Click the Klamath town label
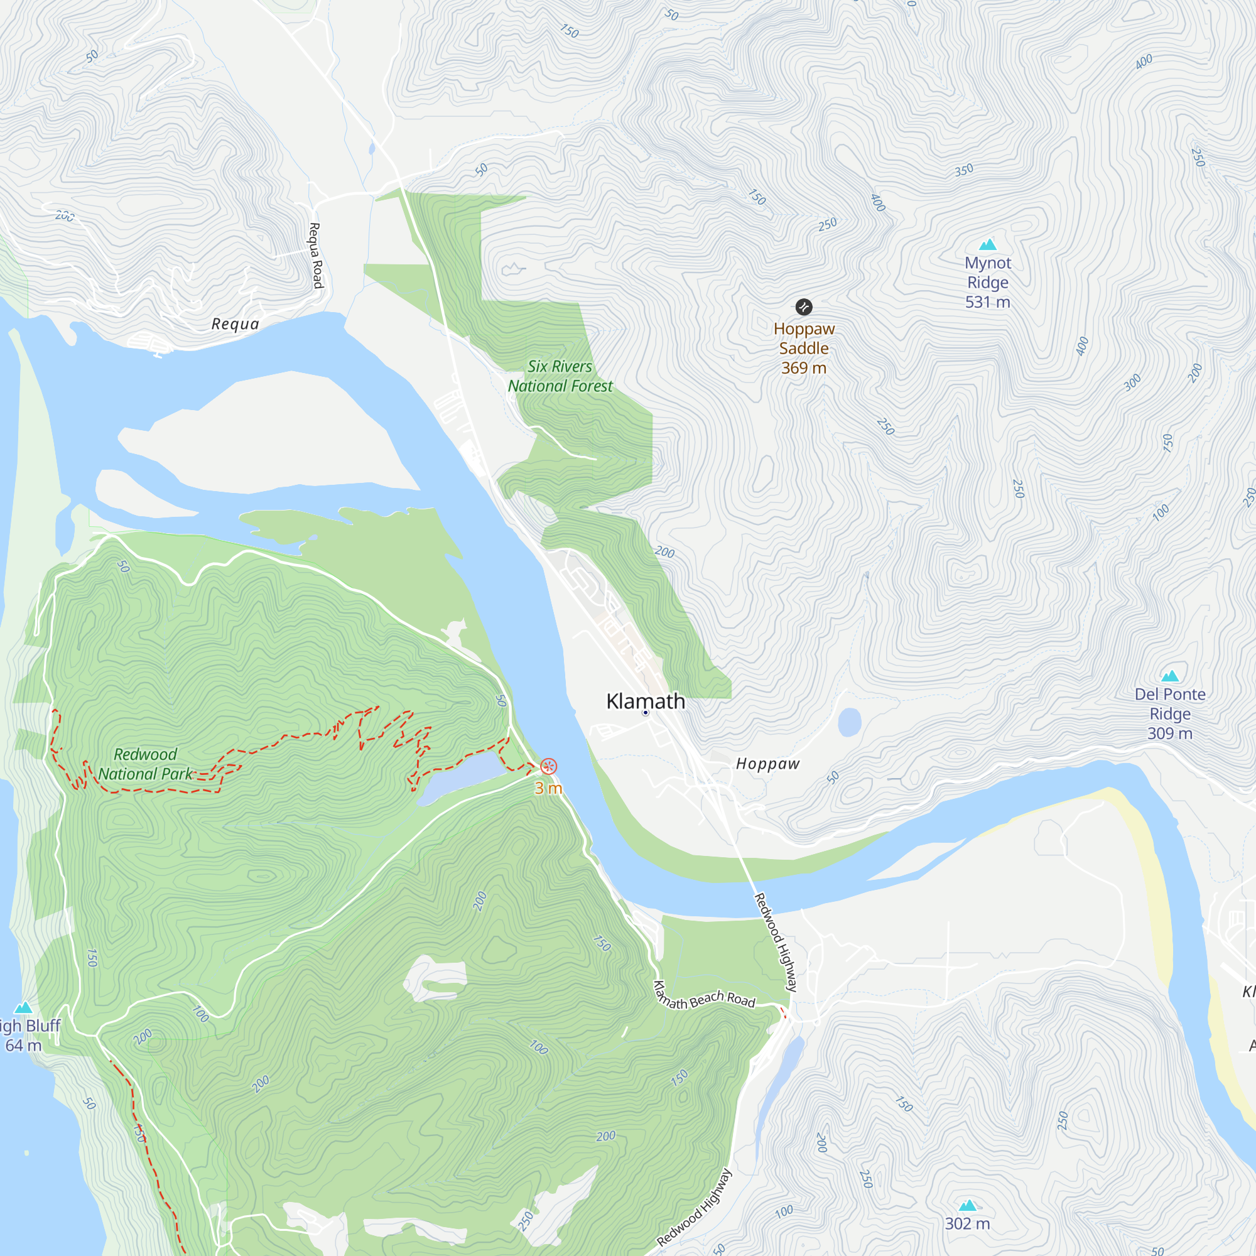pyautogui.click(x=645, y=701)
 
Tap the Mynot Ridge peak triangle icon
pyautogui.click(x=987, y=244)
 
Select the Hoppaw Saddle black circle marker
pyautogui.click(x=804, y=307)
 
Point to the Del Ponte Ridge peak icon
pyautogui.click(x=1169, y=676)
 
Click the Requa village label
pyautogui.click(x=235, y=324)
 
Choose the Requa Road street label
pyautogui.click(x=315, y=256)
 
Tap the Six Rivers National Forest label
pyautogui.click(x=560, y=376)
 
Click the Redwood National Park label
pyautogui.click(x=146, y=764)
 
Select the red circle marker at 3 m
pyautogui.click(x=548, y=766)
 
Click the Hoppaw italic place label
pyautogui.click(x=767, y=763)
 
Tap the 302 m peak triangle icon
pyautogui.click(x=967, y=1205)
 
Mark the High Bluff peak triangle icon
pyautogui.click(x=23, y=1008)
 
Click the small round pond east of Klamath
pyautogui.click(x=849, y=722)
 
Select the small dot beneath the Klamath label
pyautogui.click(x=645, y=713)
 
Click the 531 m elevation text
pyautogui.click(x=987, y=301)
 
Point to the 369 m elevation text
pyautogui.click(x=804, y=368)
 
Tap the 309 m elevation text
pyautogui.click(x=1169, y=734)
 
